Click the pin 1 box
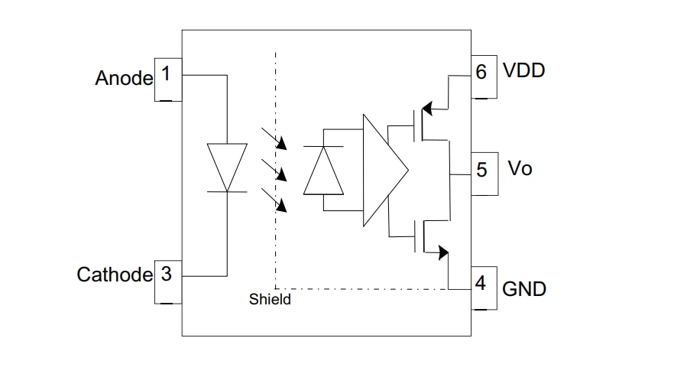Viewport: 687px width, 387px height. pos(168,78)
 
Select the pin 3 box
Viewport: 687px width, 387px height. pos(168,281)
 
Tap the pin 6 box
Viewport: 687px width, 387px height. pos(484,76)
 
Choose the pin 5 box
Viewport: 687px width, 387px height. pos(484,173)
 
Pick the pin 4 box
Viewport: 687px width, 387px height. pos(484,288)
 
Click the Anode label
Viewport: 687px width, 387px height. pos(124,78)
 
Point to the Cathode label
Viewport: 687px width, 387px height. pos(115,275)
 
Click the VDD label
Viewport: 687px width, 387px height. pos(523,71)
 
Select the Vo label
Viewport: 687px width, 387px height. pos(520,168)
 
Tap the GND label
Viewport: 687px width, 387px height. pos(524,290)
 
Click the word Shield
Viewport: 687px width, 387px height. pos(270,300)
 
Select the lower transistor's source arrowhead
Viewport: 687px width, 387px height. pos(442,252)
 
